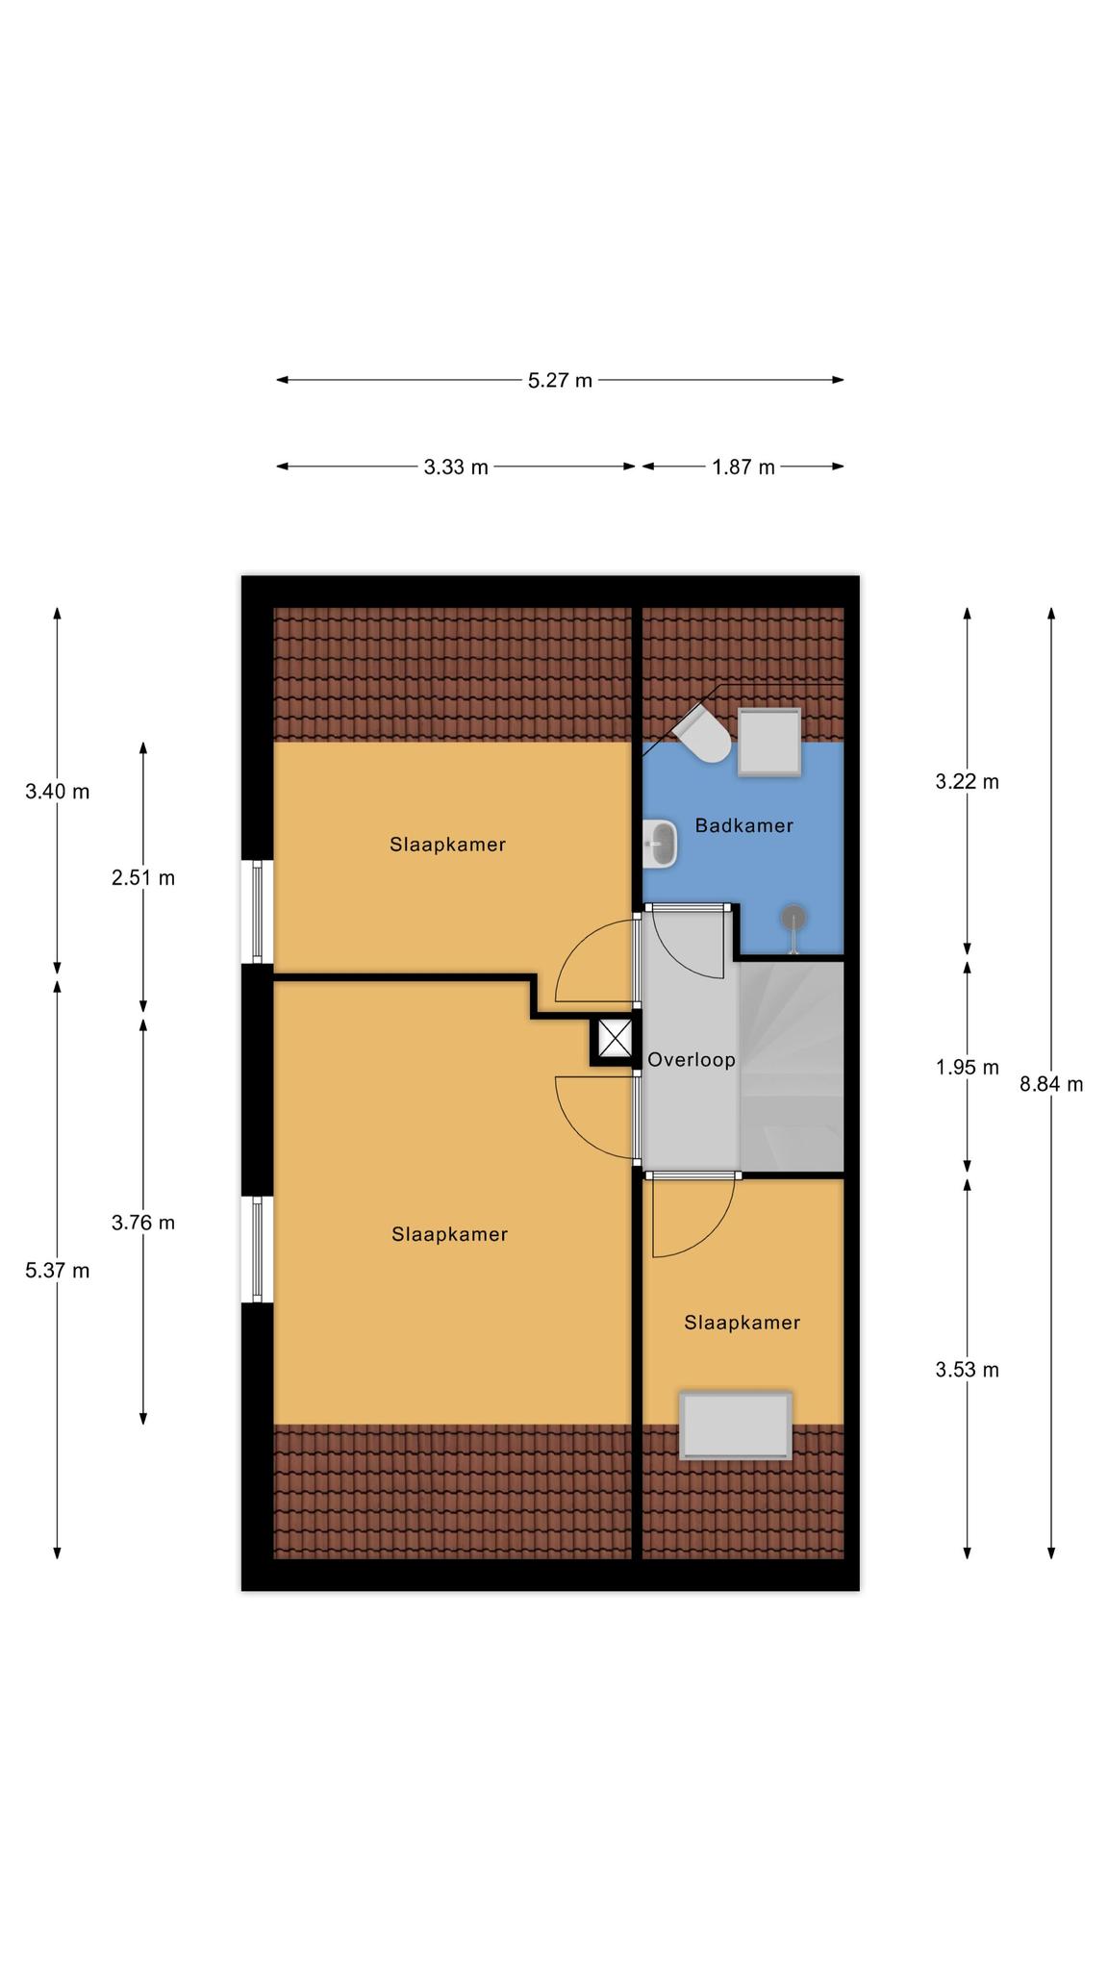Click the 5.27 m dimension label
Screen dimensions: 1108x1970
(560, 380)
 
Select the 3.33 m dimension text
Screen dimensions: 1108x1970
(456, 467)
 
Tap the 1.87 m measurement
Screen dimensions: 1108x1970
(743, 467)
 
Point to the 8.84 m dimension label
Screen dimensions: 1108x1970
(1051, 1085)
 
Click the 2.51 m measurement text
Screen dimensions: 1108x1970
(143, 878)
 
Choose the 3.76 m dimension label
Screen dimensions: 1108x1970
(143, 1223)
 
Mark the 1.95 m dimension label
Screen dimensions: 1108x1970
(968, 1068)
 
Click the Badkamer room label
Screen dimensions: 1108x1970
(744, 825)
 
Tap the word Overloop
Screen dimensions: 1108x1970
(692, 1060)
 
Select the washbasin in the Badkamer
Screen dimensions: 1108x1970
(660, 845)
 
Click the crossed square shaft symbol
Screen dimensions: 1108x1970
(615, 1039)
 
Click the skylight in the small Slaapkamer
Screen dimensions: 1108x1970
(736, 1425)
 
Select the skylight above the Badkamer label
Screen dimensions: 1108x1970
(769, 742)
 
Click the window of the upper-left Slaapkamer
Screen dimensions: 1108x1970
(257, 911)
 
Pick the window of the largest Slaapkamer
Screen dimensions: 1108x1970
(257, 1249)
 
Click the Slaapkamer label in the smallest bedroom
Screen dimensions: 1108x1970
(743, 1323)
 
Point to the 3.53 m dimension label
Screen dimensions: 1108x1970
(968, 1370)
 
